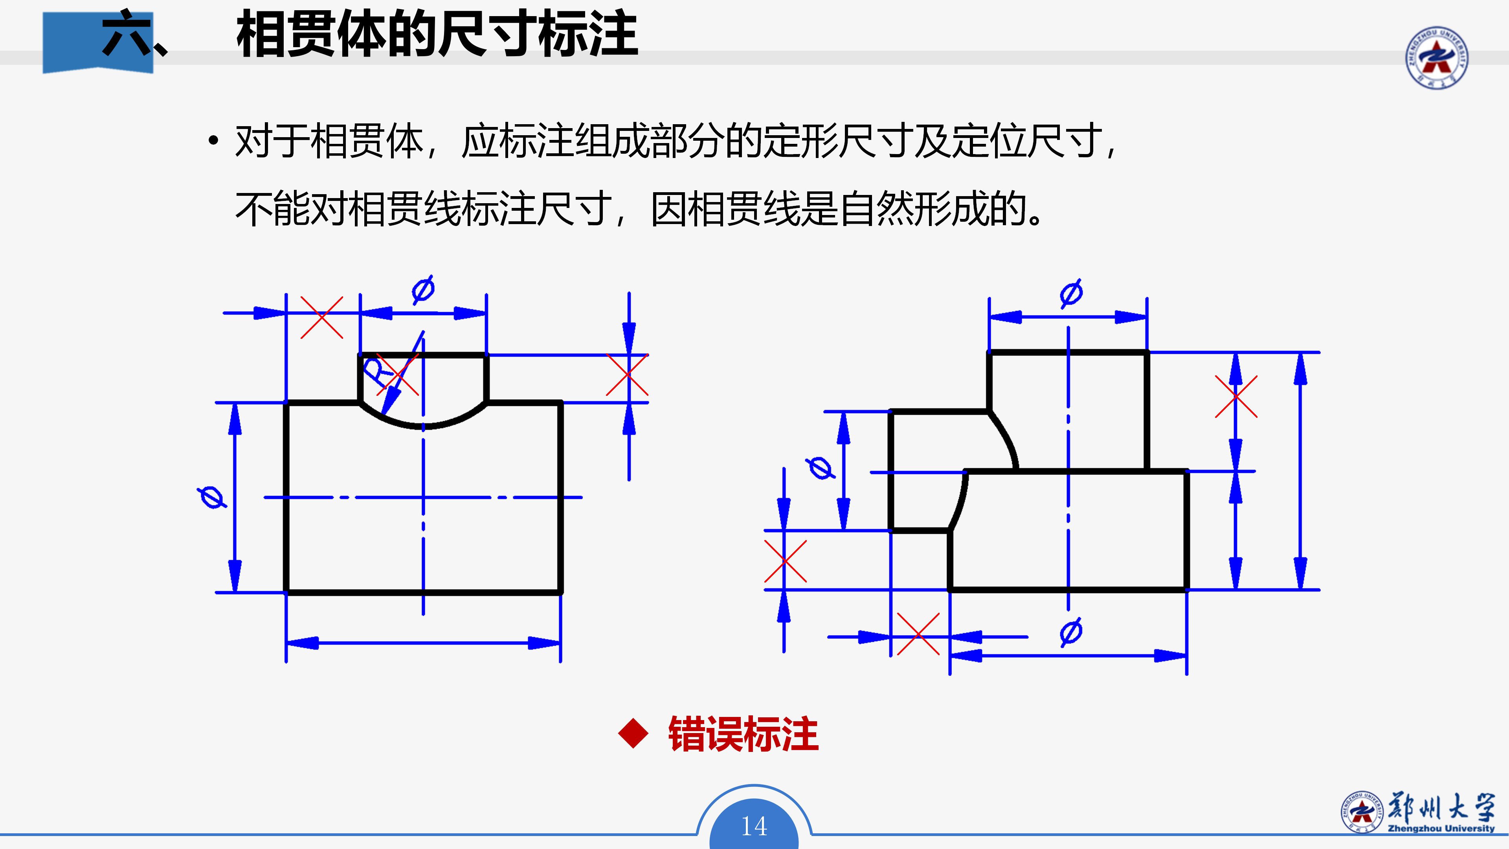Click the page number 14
point(754,826)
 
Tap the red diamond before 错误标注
point(633,733)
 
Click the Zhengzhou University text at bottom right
point(1441,829)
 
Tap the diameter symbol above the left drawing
point(423,289)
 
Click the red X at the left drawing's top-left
point(321,318)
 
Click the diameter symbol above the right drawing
point(1071,293)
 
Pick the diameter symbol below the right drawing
point(1071,632)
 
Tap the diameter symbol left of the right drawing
point(820,468)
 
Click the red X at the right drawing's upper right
point(1236,397)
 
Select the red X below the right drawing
point(918,634)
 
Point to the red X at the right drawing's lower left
point(786,561)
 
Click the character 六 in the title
point(126,33)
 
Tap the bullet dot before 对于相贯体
point(213,141)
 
